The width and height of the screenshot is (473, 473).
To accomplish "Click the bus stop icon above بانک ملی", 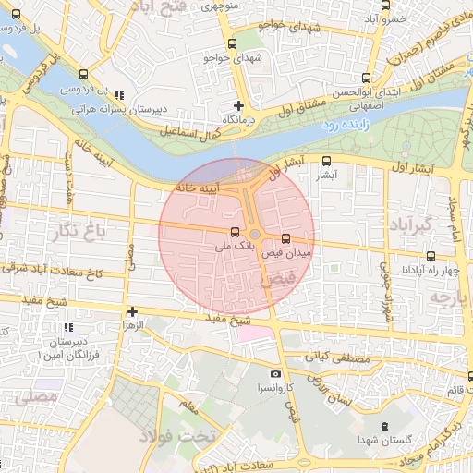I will click(234, 232).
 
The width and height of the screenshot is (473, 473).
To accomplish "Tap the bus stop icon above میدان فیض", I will click(285, 237).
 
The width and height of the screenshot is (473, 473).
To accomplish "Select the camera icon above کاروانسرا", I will click(274, 374).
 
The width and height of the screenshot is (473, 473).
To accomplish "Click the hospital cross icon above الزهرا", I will click(132, 311).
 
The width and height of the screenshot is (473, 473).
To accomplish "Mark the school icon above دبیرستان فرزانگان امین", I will click(67, 327).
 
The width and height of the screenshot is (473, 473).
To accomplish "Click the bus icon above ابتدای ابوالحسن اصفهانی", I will click(366, 79).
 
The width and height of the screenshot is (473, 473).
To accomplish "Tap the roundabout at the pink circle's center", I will click(254, 234).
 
